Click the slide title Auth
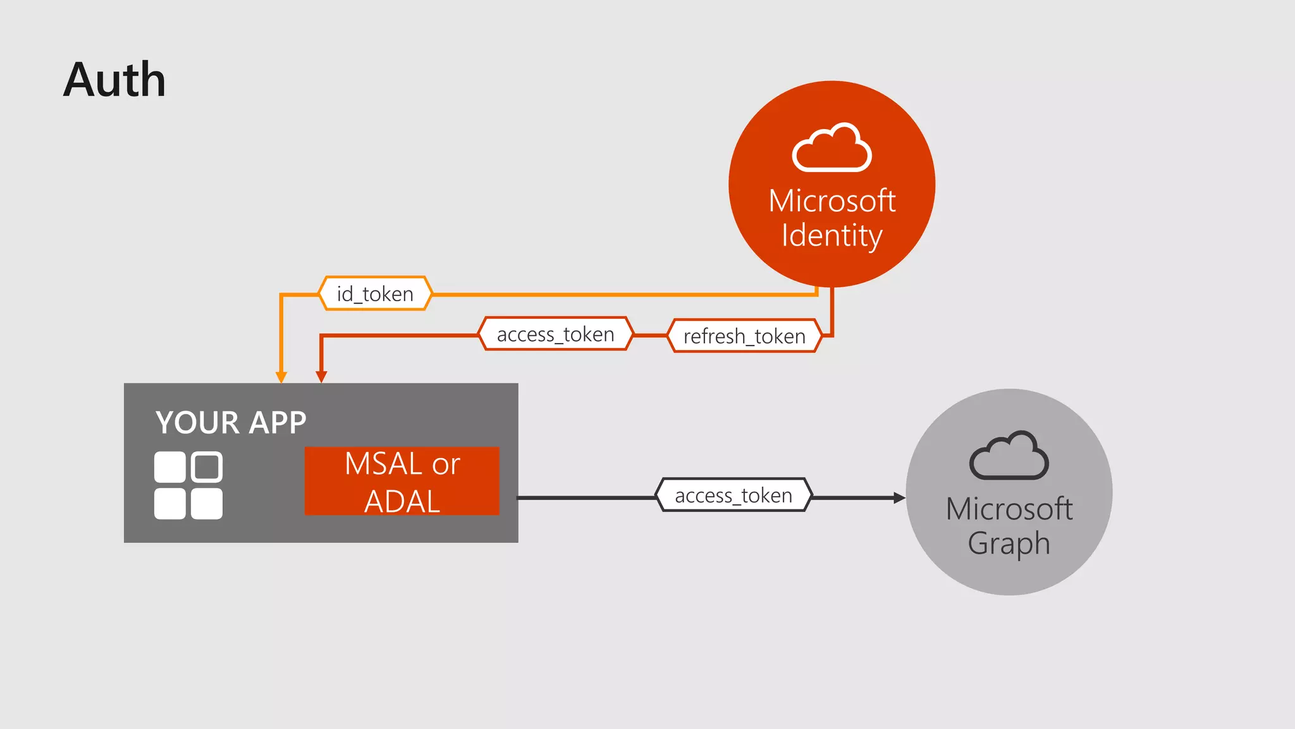(114, 80)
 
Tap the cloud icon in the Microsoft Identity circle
(832, 148)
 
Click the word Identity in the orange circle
(832, 235)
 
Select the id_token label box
(375, 294)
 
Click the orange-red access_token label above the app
(555, 334)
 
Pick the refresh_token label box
(744, 336)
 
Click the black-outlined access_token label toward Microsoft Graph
(733, 495)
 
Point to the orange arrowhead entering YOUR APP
(281, 377)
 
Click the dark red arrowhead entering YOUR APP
(321, 377)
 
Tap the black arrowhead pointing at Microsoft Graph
(899, 498)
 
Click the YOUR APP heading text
(231, 423)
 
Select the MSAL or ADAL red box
(402, 481)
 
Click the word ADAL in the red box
(402, 502)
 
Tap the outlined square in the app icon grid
(207, 467)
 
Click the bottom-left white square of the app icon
(170, 504)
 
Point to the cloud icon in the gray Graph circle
(1009, 456)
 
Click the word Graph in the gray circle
(1009, 544)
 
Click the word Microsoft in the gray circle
(1009, 509)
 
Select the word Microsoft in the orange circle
(832, 201)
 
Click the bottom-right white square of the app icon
(207, 504)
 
